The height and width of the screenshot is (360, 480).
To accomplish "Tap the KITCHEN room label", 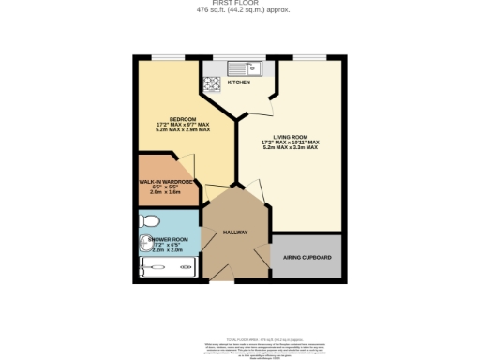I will coord(239,82).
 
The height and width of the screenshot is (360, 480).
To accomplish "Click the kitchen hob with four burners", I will coord(212,82).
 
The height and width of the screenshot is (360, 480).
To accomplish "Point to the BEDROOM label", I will coord(182,118).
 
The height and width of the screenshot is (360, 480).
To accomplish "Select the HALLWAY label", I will coord(234,232).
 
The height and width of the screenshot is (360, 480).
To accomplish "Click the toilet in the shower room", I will coord(150,220).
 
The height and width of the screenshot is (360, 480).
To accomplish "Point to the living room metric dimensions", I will coord(290,148).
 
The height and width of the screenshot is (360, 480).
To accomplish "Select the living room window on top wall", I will coord(307,58).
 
